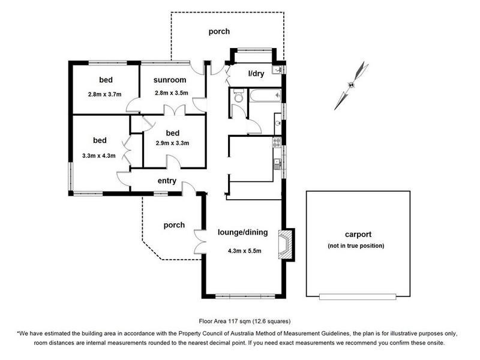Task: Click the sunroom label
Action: pyautogui.click(x=170, y=80)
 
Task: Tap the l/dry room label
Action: pyautogui.click(x=255, y=73)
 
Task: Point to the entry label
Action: pyautogui.click(x=167, y=181)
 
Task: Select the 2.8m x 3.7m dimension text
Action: pyautogui.click(x=105, y=94)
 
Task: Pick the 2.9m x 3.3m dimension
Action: pyautogui.click(x=172, y=143)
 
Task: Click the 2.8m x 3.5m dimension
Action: pyautogui.click(x=171, y=94)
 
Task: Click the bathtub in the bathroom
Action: pyautogui.click(x=265, y=95)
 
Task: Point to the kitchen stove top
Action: pyautogui.click(x=277, y=142)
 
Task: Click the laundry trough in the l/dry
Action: pyautogui.click(x=277, y=70)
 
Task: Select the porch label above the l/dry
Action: pyautogui.click(x=219, y=31)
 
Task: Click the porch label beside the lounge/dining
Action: pyautogui.click(x=174, y=225)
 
